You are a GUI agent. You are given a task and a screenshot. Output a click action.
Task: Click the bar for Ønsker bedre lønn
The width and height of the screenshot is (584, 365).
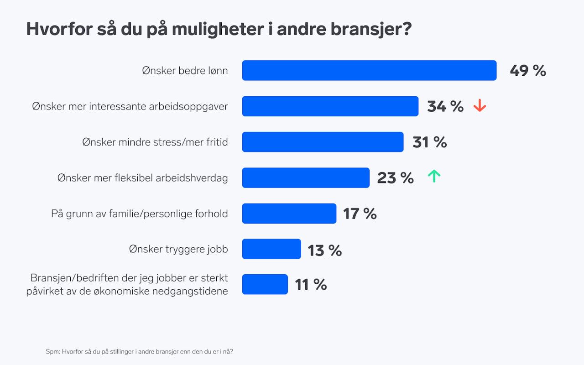(x=369, y=70)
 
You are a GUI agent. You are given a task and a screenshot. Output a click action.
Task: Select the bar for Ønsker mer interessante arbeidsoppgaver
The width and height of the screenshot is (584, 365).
(x=330, y=106)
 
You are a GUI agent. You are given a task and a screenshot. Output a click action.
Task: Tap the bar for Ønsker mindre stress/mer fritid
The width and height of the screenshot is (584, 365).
(x=323, y=142)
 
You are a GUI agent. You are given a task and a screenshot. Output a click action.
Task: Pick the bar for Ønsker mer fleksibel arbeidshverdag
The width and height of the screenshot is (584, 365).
(x=306, y=177)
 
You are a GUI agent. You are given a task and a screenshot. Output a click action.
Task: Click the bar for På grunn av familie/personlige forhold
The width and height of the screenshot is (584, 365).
(x=289, y=214)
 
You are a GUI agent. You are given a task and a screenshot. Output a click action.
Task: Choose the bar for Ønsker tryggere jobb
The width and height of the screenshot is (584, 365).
(x=271, y=249)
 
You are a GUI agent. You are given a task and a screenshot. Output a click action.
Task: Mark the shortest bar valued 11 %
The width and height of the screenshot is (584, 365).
(x=265, y=284)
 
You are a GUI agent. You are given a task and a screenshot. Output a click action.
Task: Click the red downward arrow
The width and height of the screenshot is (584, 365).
(x=480, y=106)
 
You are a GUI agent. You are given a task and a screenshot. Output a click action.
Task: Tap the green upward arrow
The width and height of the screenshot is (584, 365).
(x=434, y=177)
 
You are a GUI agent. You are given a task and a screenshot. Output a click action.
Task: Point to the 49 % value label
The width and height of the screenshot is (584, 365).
(x=527, y=71)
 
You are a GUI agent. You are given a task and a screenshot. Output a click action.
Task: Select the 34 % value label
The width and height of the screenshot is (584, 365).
(x=445, y=106)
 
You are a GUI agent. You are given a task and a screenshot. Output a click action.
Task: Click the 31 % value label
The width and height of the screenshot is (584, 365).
(x=429, y=142)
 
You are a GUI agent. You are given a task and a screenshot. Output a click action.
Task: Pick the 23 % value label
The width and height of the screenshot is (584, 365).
(x=395, y=177)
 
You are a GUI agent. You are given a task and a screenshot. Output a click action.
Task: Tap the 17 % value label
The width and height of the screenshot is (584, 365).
(x=360, y=214)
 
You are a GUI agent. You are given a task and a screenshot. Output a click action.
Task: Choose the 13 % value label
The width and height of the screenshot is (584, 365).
(x=324, y=250)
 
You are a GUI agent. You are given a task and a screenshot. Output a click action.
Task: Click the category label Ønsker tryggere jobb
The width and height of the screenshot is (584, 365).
(x=178, y=249)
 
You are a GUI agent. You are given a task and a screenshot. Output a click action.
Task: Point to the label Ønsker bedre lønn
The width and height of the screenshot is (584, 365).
(x=185, y=71)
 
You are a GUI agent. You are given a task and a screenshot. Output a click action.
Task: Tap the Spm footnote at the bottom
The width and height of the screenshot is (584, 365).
(x=140, y=351)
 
